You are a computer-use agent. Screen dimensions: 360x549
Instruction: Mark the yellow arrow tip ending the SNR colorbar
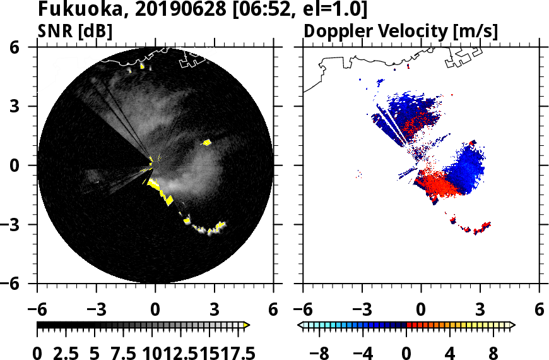(x=247, y=325)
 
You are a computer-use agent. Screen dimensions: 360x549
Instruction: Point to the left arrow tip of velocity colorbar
(x=300, y=325)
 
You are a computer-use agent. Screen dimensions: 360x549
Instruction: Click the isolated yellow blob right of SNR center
(x=207, y=142)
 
